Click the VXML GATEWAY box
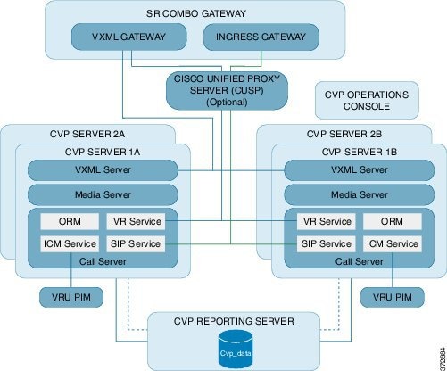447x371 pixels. tap(128, 37)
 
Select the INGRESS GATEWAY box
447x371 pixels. tap(255, 37)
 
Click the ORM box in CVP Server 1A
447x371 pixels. tap(68, 221)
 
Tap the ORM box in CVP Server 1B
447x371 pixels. tap(391, 221)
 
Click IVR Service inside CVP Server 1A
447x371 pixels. tap(136, 221)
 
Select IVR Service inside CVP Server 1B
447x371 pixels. tap(321, 221)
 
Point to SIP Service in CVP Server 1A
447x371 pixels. tap(136, 243)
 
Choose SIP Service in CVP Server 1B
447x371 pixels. tap(321, 243)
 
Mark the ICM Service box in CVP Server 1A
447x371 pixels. tap(68, 243)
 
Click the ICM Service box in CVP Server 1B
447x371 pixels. tap(391, 243)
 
